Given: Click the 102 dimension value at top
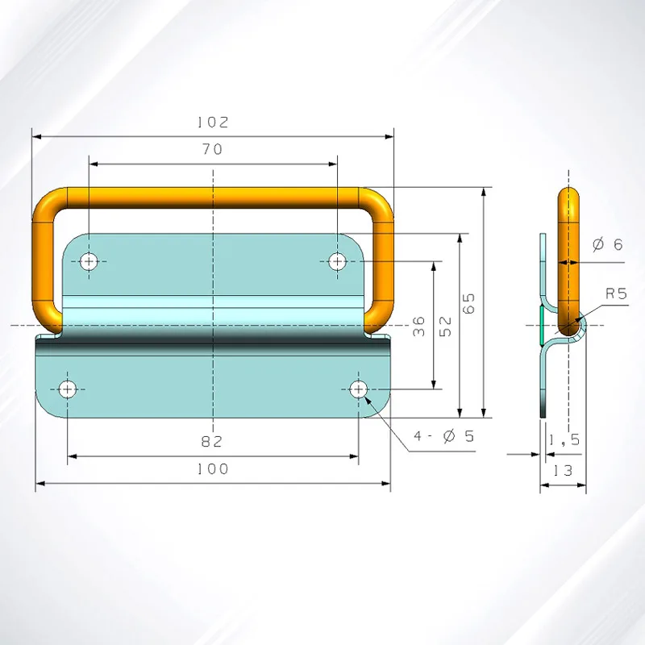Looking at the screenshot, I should (213, 123).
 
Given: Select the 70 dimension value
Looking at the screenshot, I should (213, 149).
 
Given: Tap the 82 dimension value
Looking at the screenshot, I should (213, 441).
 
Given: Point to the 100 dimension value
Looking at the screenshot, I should (213, 468).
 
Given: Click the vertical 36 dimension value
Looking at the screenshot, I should (418, 327).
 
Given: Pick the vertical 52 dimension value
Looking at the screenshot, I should (446, 326).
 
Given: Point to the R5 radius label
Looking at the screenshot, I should (616, 293).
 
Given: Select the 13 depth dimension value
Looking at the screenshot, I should (563, 470).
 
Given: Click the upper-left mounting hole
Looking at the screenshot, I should (89, 260).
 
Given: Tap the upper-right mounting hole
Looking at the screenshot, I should (337, 260).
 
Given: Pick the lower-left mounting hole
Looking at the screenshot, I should (67, 389).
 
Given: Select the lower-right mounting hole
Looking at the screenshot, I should (359, 389).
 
